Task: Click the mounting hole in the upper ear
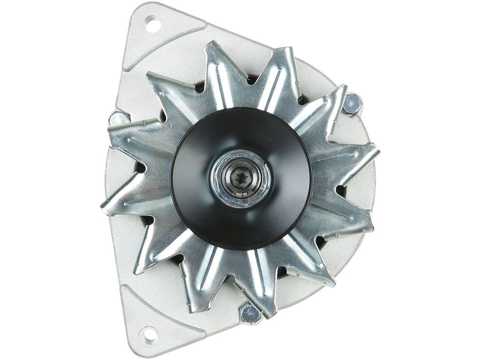(x=152, y=24)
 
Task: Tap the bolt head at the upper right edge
(x=352, y=104)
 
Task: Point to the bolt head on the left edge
(x=118, y=119)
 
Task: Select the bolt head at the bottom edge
(x=250, y=314)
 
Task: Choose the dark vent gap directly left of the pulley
(x=140, y=168)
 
